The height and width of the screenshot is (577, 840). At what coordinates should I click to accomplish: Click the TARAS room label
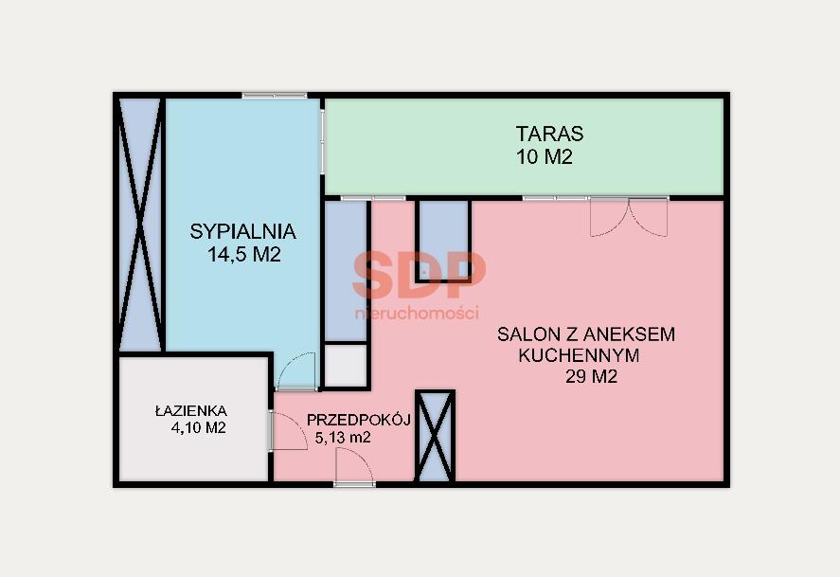[x=549, y=134]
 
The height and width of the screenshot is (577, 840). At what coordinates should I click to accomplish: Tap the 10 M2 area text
[x=545, y=157]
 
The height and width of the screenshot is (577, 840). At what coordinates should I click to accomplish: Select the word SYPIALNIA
[x=243, y=231]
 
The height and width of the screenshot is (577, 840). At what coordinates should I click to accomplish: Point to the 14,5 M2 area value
[x=244, y=255]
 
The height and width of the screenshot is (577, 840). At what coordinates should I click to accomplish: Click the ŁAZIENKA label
[x=191, y=410]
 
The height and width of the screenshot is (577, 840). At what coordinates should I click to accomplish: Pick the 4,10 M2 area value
[x=198, y=427]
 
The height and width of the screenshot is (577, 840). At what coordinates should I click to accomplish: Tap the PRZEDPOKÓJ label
[x=358, y=420]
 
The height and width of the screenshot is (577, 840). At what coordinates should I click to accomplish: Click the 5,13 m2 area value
[x=343, y=438]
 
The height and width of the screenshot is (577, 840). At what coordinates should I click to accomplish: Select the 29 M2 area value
[x=592, y=377]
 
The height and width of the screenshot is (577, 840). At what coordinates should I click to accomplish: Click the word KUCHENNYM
[x=580, y=355]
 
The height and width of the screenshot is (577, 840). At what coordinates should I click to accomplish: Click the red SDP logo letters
[x=420, y=276]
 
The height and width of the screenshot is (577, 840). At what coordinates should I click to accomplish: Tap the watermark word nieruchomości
[x=417, y=313]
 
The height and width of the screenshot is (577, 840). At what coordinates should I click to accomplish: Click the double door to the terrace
[x=629, y=216]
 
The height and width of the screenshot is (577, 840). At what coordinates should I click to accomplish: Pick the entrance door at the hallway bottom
[x=354, y=466]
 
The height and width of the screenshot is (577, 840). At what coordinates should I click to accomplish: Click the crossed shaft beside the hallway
[x=435, y=436]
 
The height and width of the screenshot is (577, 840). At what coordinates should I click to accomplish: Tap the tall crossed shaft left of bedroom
[x=140, y=225]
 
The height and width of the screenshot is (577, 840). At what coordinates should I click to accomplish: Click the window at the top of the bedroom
[x=275, y=96]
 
